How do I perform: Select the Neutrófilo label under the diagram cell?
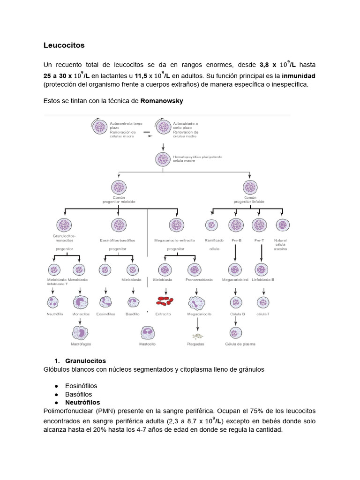[x=55, y=314]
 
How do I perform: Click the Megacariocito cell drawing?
[x=199, y=302]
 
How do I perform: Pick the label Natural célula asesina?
[x=281, y=244]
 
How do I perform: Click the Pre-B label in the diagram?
[x=236, y=240]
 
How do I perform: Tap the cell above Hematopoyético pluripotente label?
[x=163, y=159]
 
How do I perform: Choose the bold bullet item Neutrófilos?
[x=82, y=402]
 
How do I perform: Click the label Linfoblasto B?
[x=263, y=280]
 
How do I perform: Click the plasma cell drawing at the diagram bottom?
[x=235, y=332]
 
